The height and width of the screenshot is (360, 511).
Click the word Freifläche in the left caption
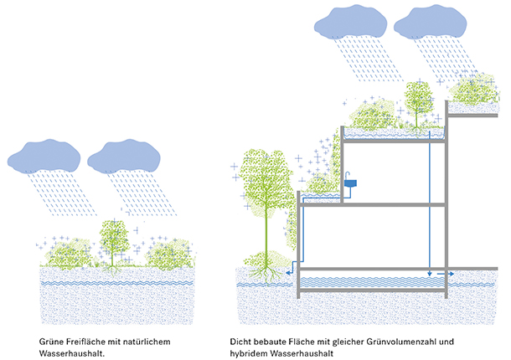click(81, 342)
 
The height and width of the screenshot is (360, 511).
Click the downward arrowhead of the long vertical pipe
click(429, 273)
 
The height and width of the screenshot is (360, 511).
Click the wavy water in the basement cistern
click(369, 281)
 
